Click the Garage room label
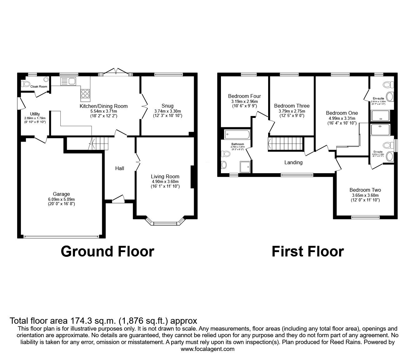coord(61,194)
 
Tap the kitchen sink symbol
coord(68,81)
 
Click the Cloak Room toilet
coord(26,84)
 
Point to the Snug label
coord(167,106)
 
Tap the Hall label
coord(120,168)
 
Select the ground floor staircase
coord(99,144)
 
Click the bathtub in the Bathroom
coord(237,135)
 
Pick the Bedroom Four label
coord(244,96)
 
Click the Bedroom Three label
coord(292,106)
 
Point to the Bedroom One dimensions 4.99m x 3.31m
coord(342,118)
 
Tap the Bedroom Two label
coord(365,190)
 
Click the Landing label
coord(293,162)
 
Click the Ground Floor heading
coord(107,251)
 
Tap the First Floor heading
coord(307,251)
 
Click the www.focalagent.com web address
coord(207,349)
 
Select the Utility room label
coord(35,114)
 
